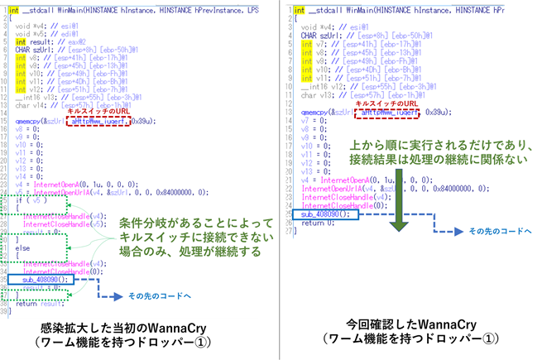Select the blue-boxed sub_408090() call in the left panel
42,280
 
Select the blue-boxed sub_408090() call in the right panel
319,214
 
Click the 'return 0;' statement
314,223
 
